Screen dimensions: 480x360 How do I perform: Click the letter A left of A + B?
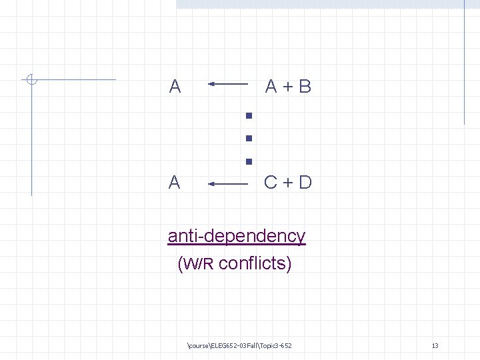175,86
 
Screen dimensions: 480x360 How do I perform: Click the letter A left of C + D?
175,182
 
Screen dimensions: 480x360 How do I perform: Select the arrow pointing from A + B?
228,84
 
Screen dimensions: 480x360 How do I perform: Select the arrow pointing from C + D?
228,182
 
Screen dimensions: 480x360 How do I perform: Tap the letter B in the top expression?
305,86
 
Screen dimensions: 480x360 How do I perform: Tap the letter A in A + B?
271,86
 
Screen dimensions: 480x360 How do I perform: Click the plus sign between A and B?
288,87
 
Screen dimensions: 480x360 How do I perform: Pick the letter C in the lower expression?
271,182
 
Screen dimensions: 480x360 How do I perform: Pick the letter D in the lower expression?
305,182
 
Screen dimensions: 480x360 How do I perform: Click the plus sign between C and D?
288,183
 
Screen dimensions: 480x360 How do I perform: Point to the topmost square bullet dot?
248,116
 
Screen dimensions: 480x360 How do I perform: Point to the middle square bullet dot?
248,139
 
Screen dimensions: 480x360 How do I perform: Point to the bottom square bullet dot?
248,161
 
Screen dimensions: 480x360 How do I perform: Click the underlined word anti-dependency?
237,237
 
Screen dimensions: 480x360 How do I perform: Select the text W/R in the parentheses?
198,264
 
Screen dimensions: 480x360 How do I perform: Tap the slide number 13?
435,345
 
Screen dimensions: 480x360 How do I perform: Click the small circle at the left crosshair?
31,81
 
